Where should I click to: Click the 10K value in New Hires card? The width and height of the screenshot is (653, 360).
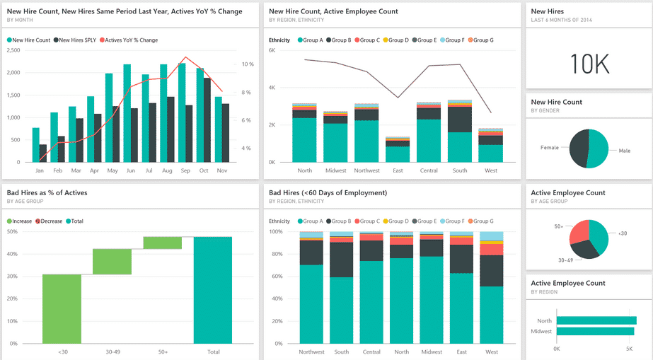[589, 64]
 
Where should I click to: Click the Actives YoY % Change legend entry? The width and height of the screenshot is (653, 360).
[131, 40]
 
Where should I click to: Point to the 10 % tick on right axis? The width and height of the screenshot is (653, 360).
[248, 64]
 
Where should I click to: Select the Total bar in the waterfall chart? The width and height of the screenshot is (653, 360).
[212, 290]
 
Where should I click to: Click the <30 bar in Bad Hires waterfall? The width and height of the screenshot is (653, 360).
[62, 308]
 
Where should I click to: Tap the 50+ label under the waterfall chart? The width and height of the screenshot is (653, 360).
[162, 352]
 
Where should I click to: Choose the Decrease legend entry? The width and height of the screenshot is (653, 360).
[49, 221]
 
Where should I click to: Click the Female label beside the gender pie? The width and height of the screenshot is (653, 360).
[550, 148]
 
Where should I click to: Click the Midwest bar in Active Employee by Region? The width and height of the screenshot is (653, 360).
[595, 331]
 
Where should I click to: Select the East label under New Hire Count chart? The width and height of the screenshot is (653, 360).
[398, 170]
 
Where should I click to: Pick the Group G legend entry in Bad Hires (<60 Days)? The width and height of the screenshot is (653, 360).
[480, 221]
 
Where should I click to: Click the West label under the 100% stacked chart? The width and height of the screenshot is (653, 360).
[492, 352]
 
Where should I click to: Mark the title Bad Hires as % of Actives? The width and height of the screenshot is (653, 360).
[47, 192]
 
